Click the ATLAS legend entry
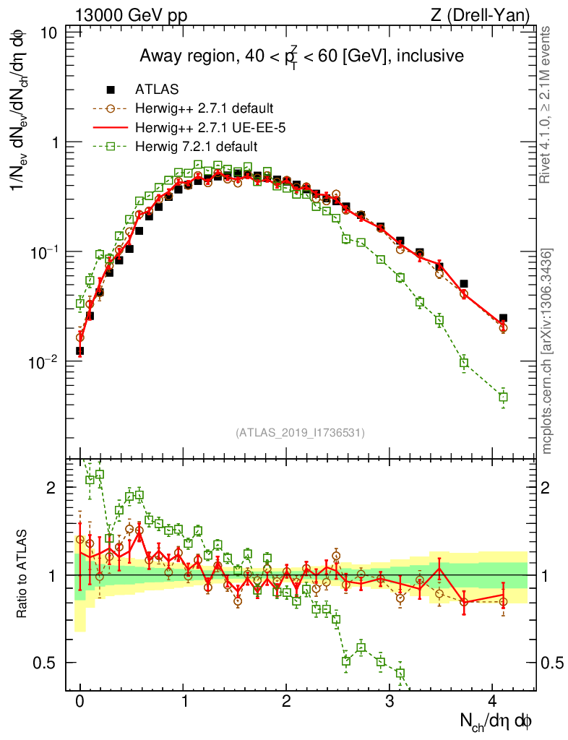[x=157, y=90]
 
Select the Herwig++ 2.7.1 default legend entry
[x=204, y=109]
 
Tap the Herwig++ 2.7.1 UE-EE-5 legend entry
[x=203, y=128]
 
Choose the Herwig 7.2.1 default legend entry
[x=196, y=147]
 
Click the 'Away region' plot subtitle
[x=301, y=56]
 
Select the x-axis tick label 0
[x=79, y=702]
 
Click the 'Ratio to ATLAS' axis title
[x=23, y=575]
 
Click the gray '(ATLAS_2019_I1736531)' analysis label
[x=300, y=433]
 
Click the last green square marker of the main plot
[x=503, y=397]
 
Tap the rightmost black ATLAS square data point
[x=503, y=318]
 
